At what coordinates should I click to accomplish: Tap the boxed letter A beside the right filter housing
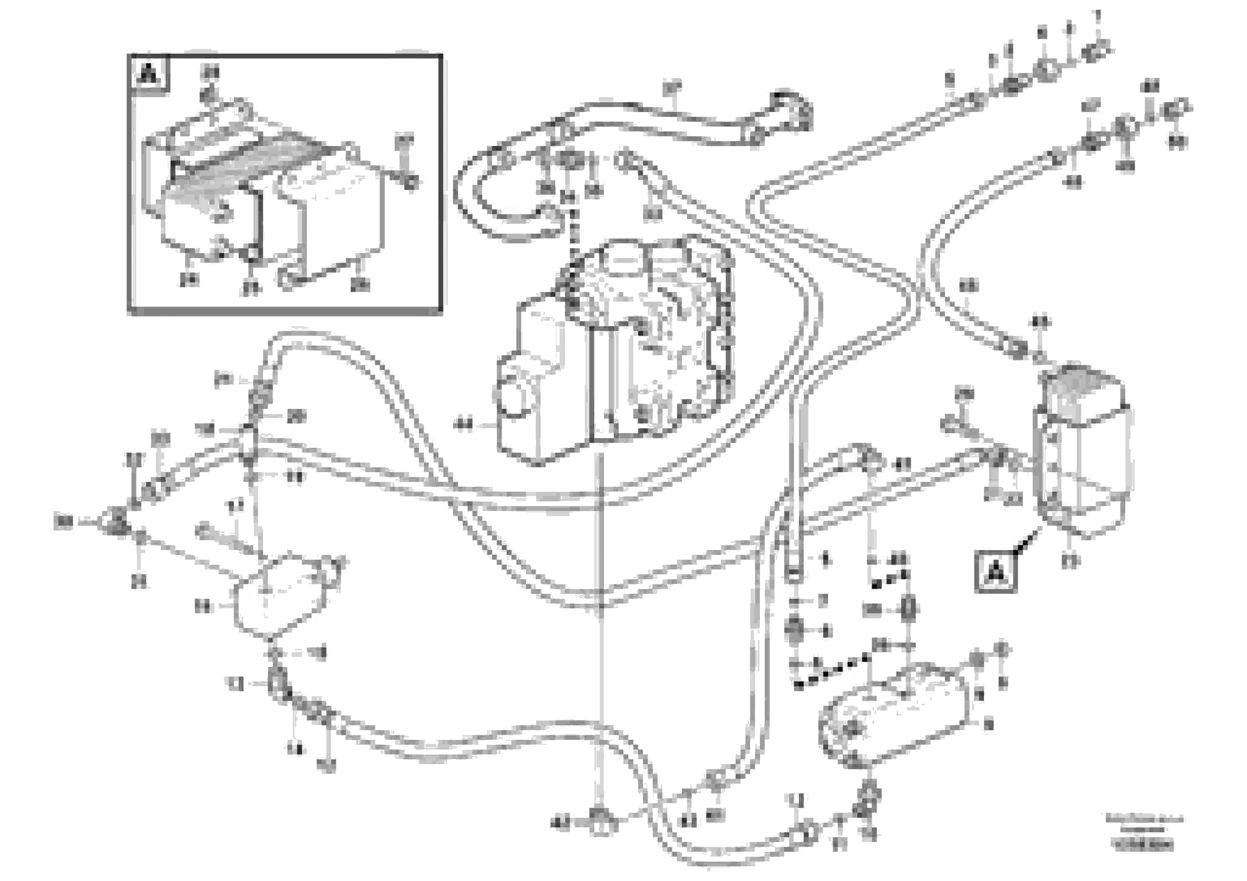coord(996,571)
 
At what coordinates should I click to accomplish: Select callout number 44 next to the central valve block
coord(463,425)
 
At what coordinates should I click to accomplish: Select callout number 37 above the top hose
coord(672,87)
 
